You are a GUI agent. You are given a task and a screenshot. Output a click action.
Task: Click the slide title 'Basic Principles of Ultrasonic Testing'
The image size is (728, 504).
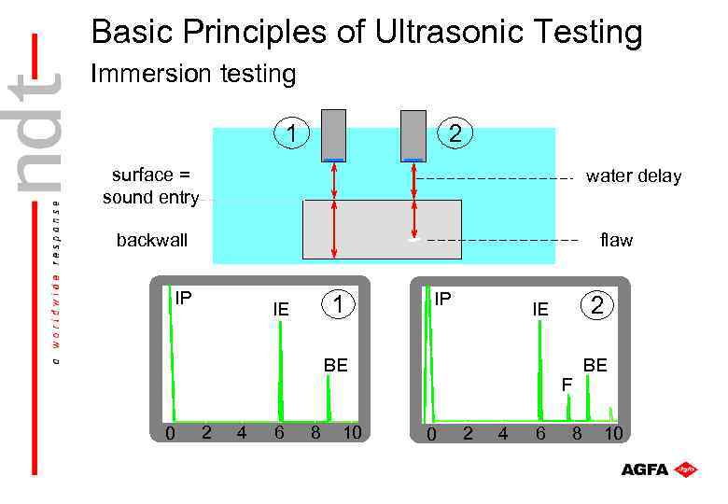367,33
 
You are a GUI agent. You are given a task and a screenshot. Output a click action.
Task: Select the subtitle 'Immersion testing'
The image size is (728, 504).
192,74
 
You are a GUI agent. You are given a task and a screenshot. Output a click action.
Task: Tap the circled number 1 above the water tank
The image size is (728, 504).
292,133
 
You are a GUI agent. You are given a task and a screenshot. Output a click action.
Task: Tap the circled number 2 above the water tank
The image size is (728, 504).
455,133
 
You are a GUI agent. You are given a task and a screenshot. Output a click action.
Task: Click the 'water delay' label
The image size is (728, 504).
633,176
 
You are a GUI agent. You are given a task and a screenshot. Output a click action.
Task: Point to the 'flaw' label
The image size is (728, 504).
616,240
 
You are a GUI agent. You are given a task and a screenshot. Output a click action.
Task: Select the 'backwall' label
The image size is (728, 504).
152,240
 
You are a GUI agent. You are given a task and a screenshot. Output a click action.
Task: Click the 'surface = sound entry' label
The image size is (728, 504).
151,186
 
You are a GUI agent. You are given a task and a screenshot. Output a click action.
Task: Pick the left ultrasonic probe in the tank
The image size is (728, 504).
334,136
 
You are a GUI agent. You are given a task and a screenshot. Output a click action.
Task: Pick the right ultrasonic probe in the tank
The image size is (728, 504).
413,136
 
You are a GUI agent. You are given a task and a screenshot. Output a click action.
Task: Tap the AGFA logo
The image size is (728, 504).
659,469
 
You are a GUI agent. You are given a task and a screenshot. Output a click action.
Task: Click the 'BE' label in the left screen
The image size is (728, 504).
335,365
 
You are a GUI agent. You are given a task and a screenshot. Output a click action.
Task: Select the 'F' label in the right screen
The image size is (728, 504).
567,384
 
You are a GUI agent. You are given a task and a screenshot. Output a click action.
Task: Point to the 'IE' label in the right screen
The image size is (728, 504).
539,308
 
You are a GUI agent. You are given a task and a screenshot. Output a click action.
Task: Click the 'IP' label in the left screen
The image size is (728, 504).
184,299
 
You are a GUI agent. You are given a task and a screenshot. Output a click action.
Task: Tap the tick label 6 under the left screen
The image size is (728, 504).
279,433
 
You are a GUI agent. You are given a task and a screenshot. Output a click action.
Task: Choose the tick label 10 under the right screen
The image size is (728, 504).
613,434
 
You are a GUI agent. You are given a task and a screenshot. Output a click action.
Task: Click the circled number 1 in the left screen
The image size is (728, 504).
341,304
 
